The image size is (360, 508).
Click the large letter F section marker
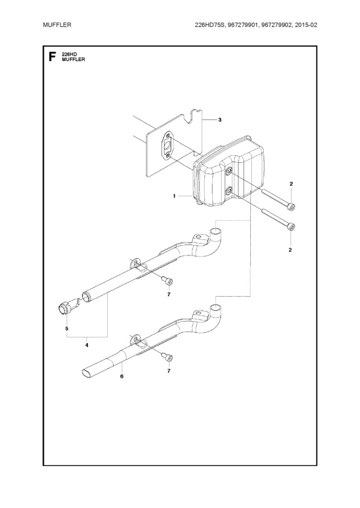pyautogui.click(x=52, y=57)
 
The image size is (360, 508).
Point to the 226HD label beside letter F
pyautogui.click(x=69, y=54)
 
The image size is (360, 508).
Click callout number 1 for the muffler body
pyautogui.click(x=174, y=196)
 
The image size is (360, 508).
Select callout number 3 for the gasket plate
pyautogui.click(x=219, y=120)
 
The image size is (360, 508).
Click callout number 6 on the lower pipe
pyautogui.click(x=122, y=377)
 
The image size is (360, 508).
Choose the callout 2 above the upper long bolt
pyautogui.click(x=291, y=185)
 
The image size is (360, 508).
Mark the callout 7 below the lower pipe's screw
pyautogui.click(x=169, y=371)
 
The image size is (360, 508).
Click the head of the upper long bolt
pyautogui.click(x=291, y=206)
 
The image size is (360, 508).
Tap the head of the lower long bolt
pyautogui.click(x=291, y=227)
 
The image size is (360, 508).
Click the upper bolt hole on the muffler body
pyautogui.click(x=229, y=172)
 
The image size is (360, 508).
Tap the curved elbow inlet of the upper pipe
pyautogui.click(x=216, y=233)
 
